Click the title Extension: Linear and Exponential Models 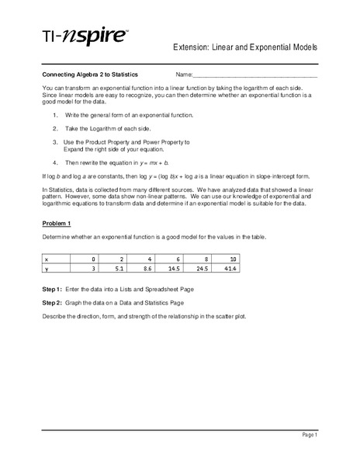pos(245,48)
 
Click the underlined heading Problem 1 pos(55,224)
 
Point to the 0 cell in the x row pos(94,259)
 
